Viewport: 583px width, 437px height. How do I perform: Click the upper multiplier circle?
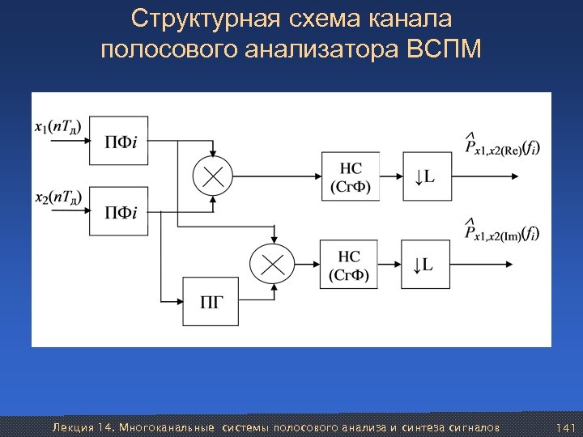(x=213, y=176)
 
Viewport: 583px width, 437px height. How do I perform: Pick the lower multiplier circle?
(x=270, y=264)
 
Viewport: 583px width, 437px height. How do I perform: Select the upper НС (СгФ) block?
(x=350, y=176)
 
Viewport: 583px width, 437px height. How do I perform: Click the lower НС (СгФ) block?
(x=350, y=264)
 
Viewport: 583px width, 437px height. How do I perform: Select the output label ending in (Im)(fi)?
(x=502, y=233)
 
